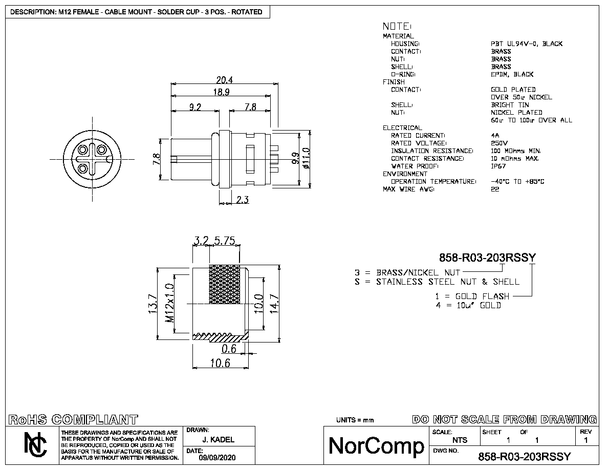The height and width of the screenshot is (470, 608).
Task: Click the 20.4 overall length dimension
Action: tap(225, 80)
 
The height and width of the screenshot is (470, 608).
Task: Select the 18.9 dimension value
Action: tap(222, 92)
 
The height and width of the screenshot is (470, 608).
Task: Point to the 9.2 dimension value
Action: tap(195, 106)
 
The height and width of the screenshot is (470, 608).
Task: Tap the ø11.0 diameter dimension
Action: tap(307, 158)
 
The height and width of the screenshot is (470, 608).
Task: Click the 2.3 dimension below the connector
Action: tap(243, 200)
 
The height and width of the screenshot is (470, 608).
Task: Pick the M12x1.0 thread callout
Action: tap(169, 303)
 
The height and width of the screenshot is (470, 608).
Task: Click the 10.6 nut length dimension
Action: tap(220, 363)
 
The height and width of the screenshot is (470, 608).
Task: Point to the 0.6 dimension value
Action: tap(229, 349)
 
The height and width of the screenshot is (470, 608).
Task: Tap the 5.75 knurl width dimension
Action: tap(225, 241)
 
